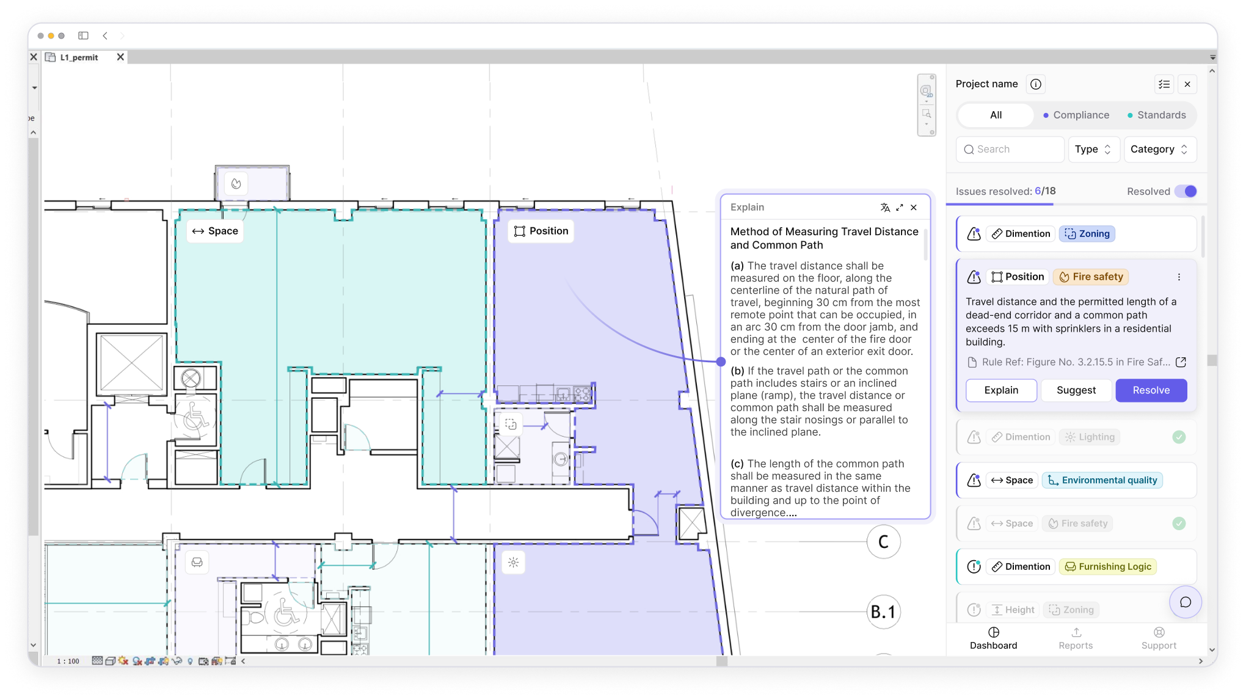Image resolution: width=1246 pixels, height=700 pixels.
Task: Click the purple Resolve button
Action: [x=1151, y=390]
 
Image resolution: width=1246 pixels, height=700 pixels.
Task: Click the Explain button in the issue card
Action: [x=1001, y=390]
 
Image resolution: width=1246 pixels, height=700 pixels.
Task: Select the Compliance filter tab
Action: [x=1076, y=115]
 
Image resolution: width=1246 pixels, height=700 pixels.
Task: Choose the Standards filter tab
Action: [x=1156, y=115]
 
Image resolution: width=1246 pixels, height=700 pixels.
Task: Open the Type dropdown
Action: [x=1093, y=149]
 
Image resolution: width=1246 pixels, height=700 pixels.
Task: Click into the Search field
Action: [x=1011, y=149]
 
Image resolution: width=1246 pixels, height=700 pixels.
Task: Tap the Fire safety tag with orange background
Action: [x=1091, y=277]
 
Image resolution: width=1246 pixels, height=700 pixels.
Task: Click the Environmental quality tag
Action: [x=1102, y=480]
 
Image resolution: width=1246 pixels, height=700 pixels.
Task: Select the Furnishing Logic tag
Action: [x=1108, y=566]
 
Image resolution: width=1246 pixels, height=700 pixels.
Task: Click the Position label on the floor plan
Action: [x=541, y=231]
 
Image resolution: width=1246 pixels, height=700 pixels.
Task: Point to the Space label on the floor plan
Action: [x=215, y=231]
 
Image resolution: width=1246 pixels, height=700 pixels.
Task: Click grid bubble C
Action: [x=883, y=542]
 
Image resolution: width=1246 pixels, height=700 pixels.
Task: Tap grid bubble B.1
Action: [x=883, y=611]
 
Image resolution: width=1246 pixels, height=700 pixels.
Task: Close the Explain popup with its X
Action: [x=914, y=208]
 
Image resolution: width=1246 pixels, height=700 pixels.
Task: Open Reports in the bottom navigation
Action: [x=1076, y=638]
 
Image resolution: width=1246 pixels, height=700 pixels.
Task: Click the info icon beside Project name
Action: [x=1036, y=84]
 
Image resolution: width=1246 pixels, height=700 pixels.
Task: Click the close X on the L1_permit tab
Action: [x=120, y=57]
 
